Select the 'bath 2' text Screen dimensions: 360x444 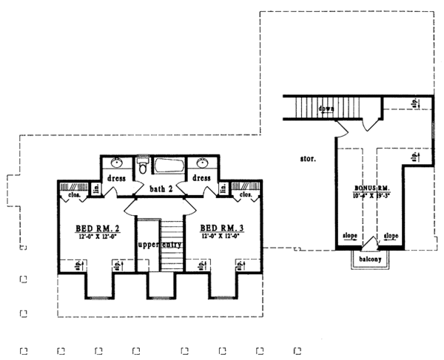click(x=160, y=189)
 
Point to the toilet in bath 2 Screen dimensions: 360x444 click(x=143, y=166)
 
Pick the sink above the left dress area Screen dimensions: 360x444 click(x=117, y=163)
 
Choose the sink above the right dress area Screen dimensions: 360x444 click(x=203, y=163)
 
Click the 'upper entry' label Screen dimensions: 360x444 click(x=159, y=243)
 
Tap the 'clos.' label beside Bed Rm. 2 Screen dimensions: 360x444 click(x=75, y=196)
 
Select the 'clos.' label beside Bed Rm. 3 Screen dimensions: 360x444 click(x=246, y=195)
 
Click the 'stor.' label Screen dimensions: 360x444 click(x=309, y=158)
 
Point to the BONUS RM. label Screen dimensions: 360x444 click(x=372, y=189)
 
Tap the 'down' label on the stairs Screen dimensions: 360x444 click(x=326, y=109)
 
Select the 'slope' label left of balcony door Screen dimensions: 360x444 click(x=350, y=236)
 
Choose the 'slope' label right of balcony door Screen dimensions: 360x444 click(x=391, y=236)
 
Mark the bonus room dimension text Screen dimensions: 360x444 click(x=372, y=197)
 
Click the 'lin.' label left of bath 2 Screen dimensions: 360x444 click(x=96, y=190)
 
